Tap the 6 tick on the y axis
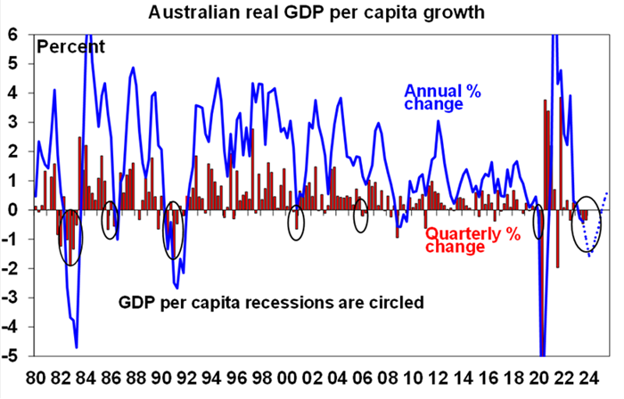click(x=13, y=34)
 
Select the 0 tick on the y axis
click(x=13, y=210)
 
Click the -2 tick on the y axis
click(x=12, y=268)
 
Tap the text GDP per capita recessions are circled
click(x=270, y=303)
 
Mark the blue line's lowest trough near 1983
click(x=77, y=346)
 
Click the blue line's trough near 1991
click(x=177, y=287)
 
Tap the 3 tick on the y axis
click(x=13, y=122)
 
